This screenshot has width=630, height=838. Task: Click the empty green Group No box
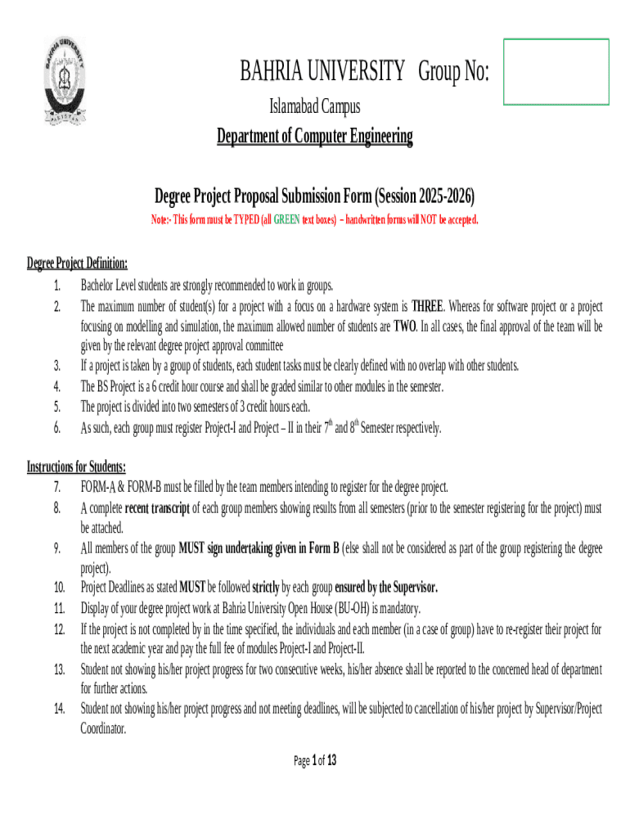[556, 71]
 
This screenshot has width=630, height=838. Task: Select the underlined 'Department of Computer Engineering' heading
[315, 136]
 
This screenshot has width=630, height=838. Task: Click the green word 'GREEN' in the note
[286, 220]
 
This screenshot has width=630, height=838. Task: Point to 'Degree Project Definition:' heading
[77, 264]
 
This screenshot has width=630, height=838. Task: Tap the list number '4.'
[56, 386]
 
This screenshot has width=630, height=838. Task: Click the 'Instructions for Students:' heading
[76, 467]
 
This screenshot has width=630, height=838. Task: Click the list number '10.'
[59, 588]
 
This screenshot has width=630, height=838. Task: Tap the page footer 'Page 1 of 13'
[315, 761]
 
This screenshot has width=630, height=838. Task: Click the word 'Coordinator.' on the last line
[103, 728]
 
